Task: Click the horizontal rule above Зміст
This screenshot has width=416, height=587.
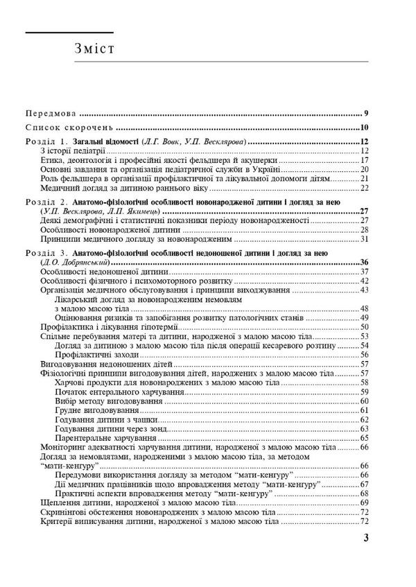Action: (69, 33)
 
